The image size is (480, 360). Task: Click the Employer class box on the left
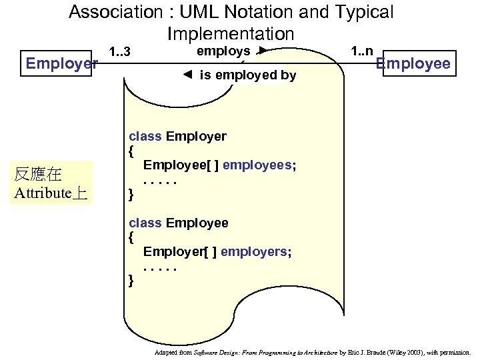(x=61, y=64)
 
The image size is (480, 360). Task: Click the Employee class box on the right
(x=413, y=64)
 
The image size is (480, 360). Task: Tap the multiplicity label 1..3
(x=119, y=53)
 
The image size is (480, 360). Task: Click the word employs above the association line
(x=223, y=51)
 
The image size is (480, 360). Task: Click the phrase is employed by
(x=247, y=75)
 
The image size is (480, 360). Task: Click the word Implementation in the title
(x=231, y=33)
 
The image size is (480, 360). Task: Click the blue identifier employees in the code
(x=257, y=165)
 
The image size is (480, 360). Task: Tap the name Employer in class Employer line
(x=196, y=137)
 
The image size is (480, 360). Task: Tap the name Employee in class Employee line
(x=197, y=223)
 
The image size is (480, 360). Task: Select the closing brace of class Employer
(x=131, y=195)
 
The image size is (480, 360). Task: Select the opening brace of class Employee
(x=131, y=237)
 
